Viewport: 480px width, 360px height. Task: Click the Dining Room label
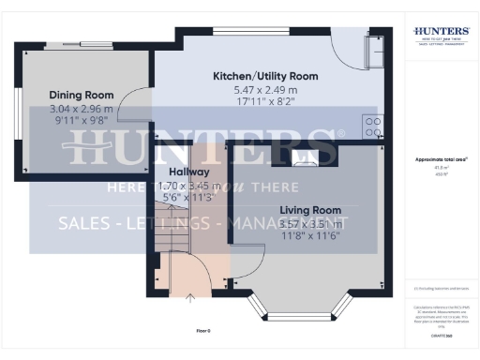coord(82,95)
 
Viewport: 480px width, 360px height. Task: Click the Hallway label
coord(188,172)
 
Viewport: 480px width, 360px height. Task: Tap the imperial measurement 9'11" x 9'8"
coord(82,121)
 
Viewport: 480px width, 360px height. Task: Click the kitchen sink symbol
coord(374,54)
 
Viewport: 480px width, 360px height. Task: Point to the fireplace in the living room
coord(302,156)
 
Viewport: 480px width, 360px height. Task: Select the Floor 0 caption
coord(203,331)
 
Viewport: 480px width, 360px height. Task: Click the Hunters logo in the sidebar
coord(441,36)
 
